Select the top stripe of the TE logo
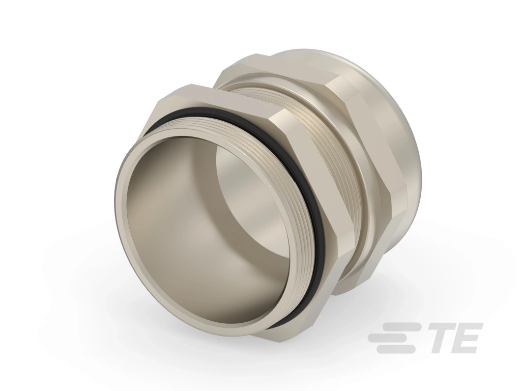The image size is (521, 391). (403, 327)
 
